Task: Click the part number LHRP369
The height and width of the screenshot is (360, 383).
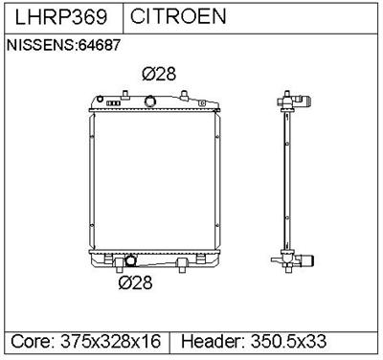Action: point(60,16)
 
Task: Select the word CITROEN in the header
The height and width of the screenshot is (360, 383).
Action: point(178,16)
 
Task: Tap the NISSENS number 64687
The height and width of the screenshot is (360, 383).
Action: point(100,45)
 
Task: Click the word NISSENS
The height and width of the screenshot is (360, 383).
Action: point(40,45)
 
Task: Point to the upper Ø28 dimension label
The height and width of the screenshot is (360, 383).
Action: point(159,74)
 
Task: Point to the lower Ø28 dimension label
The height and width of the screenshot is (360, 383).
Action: point(135,282)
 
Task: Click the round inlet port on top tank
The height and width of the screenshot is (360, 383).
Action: point(149,101)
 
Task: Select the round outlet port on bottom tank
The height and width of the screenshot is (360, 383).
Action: point(130,260)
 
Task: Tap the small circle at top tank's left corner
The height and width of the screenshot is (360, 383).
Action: point(100,99)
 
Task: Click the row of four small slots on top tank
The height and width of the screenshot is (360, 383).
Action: point(113,103)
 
